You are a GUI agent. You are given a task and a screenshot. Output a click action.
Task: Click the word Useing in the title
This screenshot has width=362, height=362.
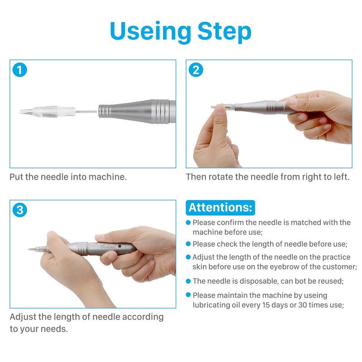point(151,32)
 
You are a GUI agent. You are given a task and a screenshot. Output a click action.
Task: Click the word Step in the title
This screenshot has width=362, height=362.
point(224,32)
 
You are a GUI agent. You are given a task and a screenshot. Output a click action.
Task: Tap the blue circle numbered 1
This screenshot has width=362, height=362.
point(20,70)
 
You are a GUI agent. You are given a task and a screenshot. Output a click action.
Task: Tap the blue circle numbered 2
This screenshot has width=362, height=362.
point(196,70)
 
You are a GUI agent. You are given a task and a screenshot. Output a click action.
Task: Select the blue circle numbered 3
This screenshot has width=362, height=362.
point(20,210)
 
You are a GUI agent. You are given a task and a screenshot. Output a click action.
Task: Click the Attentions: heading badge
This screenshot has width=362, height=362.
point(220,208)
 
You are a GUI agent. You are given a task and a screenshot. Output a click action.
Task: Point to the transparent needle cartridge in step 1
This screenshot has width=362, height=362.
point(48,111)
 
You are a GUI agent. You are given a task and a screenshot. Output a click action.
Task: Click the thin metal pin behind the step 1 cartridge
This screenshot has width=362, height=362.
point(86,112)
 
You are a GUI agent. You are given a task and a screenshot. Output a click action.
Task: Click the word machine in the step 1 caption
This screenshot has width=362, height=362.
point(108,177)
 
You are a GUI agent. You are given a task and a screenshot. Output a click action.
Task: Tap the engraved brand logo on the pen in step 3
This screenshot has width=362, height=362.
point(108,247)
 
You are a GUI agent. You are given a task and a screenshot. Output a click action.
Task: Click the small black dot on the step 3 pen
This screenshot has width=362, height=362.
point(119,246)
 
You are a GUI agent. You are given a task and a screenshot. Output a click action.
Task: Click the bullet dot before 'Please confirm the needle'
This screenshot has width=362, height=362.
point(188,222)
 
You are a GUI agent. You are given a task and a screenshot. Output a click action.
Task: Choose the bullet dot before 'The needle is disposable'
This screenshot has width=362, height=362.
point(188,281)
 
